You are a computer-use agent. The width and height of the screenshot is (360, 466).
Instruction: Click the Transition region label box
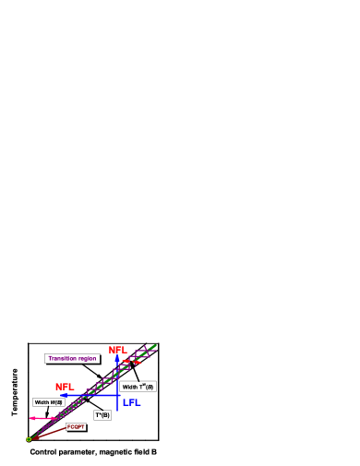click(x=72, y=358)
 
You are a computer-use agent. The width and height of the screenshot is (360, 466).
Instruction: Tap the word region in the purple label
click(x=87, y=358)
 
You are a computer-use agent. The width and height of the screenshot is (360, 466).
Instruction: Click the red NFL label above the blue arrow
click(x=117, y=351)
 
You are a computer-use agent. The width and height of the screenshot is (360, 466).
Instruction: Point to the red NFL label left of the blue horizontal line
click(x=64, y=388)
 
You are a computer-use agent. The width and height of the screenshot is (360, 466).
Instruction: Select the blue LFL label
click(x=132, y=403)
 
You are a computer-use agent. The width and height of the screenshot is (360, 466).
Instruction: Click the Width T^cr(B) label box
click(x=138, y=387)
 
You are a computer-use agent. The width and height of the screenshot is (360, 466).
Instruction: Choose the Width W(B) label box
click(x=49, y=402)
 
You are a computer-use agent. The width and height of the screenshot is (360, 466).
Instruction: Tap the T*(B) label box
click(x=102, y=415)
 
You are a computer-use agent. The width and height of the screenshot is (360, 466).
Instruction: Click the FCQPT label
click(x=76, y=426)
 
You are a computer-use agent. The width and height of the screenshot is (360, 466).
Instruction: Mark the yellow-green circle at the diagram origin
click(x=29, y=439)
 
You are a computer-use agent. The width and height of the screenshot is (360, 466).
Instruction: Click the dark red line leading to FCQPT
click(x=48, y=433)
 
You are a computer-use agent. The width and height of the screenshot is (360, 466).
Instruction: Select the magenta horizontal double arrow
click(x=42, y=418)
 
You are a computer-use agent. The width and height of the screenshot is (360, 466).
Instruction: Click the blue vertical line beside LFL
click(x=117, y=404)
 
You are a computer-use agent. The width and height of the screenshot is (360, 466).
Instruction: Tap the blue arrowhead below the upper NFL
click(x=117, y=359)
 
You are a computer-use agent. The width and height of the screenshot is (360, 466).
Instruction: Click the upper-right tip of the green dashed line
click(x=155, y=345)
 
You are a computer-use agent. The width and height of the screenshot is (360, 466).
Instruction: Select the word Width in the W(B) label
click(x=42, y=402)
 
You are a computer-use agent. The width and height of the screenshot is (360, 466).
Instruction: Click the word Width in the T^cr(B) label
click(x=130, y=387)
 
